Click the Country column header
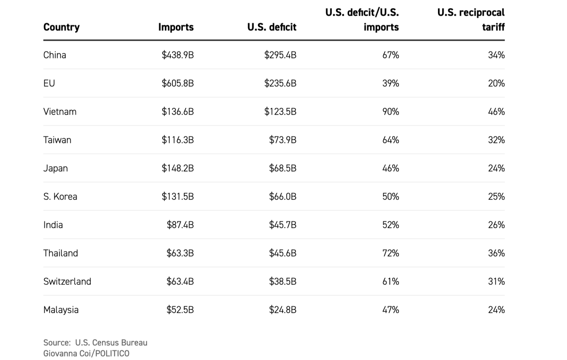click(61, 27)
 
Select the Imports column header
click(176, 27)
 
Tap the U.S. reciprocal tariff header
click(471, 20)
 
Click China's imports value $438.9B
click(178, 55)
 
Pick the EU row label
click(49, 83)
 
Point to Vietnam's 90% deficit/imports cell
click(390, 111)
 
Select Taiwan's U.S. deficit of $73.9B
click(283, 140)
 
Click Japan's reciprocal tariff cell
click(496, 168)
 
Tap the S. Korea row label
click(60, 197)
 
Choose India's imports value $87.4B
click(180, 225)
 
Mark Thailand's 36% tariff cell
click(496, 253)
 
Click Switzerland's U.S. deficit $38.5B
click(283, 282)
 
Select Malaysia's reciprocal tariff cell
click(496, 310)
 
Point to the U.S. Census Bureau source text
click(95, 343)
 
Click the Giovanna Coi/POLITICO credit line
click(86, 353)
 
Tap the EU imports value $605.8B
click(178, 83)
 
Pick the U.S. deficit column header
click(272, 27)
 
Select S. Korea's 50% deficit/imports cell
click(390, 197)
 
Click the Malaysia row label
click(61, 310)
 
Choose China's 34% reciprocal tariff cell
click(496, 55)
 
